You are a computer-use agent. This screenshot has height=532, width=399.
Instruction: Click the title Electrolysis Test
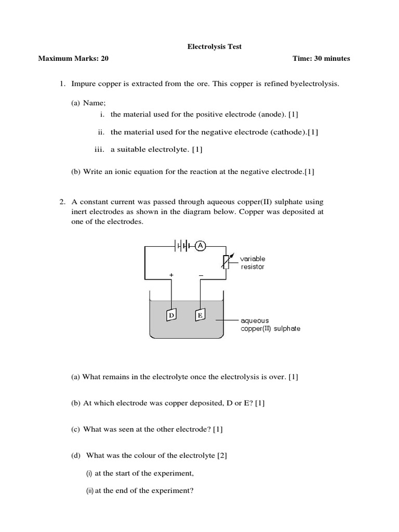(214, 47)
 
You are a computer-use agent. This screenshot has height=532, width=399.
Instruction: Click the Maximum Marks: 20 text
(73, 59)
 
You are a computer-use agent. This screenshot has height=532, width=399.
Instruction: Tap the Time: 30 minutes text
(321, 59)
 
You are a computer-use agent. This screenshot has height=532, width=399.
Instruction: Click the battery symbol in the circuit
(182, 246)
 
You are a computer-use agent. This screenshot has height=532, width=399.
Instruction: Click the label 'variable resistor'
(252, 262)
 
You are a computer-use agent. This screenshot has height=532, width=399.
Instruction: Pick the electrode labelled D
(171, 315)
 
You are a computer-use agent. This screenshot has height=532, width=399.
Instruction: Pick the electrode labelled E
(199, 315)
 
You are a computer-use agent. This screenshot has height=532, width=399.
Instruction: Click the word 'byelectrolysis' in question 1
(315, 84)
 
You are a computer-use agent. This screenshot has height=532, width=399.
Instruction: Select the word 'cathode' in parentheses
(288, 132)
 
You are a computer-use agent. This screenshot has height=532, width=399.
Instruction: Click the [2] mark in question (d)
(222, 456)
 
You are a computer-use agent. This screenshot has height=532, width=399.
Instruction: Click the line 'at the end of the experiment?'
(144, 490)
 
